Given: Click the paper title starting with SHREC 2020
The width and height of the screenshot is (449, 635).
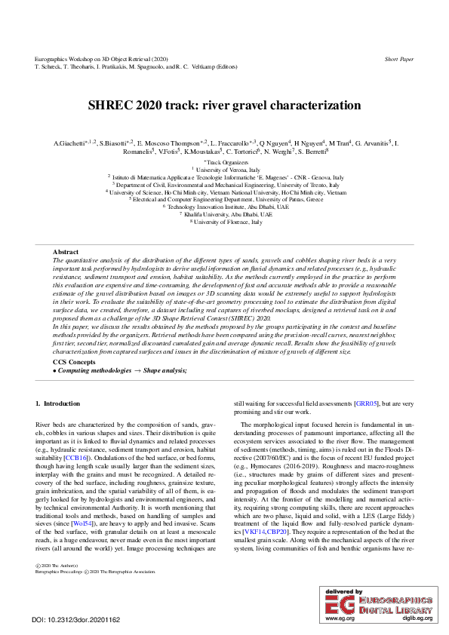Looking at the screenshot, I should point(224,106).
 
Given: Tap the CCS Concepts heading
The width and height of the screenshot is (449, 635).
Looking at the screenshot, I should point(74,362).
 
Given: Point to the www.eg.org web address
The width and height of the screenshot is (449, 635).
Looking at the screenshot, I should point(338,618).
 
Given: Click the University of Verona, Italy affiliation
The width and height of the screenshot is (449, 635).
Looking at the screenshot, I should point(225,170).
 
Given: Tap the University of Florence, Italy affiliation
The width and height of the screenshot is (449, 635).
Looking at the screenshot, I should point(225,222).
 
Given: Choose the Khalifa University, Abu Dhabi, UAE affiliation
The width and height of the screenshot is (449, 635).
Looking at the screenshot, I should point(225,214).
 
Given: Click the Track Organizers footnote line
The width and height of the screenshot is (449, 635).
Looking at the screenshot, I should point(225,162).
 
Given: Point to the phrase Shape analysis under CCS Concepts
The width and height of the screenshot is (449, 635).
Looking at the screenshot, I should point(159,370).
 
